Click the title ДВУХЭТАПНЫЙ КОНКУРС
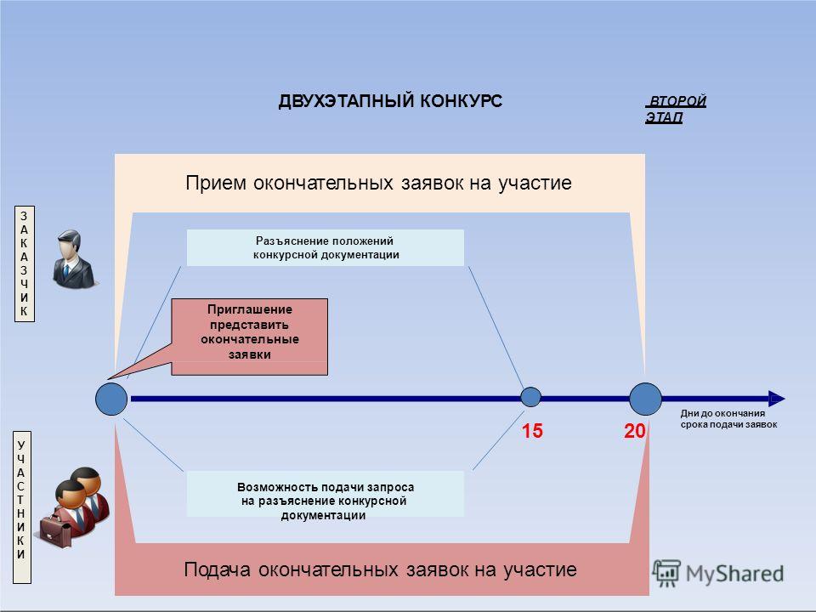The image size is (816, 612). click(390, 100)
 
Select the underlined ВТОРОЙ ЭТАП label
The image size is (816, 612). click(676, 109)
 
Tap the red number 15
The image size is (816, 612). click(532, 431)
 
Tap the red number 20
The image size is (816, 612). click(634, 431)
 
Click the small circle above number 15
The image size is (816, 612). click(530, 397)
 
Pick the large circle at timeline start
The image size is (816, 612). click(111, 399)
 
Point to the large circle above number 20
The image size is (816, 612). click(645, 399)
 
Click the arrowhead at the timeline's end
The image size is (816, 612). click(776, 399)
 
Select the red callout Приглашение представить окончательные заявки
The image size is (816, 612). click(249, 337)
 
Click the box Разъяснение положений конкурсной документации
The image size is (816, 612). click(326, 247)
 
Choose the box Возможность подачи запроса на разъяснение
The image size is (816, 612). click(326, 494)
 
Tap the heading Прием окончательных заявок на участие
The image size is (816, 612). click(378, 184)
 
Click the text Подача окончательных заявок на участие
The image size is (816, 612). click(380, 569)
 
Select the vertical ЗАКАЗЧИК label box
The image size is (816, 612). click(25, 263)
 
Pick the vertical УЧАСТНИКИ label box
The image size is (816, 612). click(21, 507)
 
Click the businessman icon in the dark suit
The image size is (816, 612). click(75, 258)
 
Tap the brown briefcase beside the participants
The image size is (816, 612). click(56, 530)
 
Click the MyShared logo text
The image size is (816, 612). click(734, 574)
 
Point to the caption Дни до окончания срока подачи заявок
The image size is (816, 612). click(728, 419)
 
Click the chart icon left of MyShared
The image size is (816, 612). click(666, 572)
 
